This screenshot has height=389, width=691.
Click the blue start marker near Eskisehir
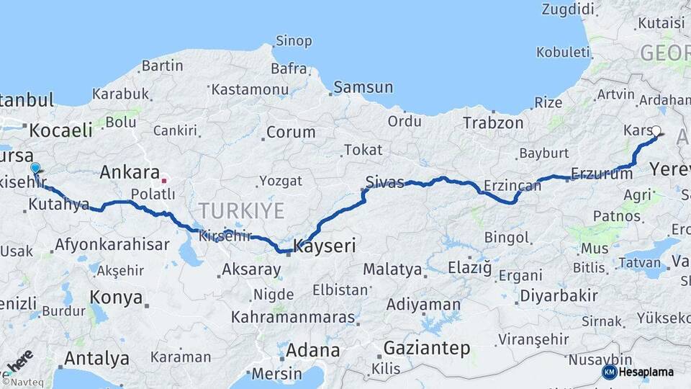tap(35, 168)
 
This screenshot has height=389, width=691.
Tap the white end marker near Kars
tap(656, 131)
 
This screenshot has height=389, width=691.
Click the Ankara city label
tap(129, 172)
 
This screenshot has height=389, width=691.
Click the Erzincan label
tap(512, 185)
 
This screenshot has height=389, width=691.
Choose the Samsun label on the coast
tap(363, 87)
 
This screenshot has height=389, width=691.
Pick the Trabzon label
tap(493, 122)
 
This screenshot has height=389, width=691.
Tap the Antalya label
tap(96, 358)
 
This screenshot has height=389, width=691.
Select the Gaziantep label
tap(427, 348)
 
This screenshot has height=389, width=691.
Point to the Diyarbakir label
tap(559, 295)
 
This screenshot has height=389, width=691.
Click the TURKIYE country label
tap(241, 210)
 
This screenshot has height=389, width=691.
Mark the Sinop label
tap(294, 40)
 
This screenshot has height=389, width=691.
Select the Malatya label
tap(392, 269)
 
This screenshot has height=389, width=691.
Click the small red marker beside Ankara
tap(165, 181)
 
